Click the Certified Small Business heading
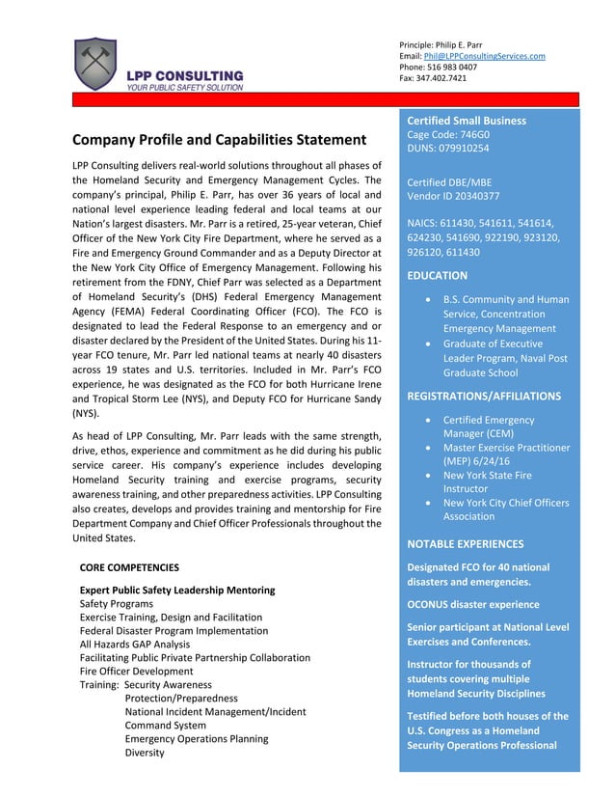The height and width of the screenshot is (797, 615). point(467,121)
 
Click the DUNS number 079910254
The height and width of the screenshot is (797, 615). point(448,149)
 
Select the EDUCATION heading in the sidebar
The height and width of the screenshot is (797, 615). point(438,275)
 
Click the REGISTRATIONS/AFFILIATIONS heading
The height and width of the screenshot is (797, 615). point(484,396)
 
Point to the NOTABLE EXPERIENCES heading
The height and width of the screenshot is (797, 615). point(466,543)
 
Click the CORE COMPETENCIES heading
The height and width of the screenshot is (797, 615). point(128,567)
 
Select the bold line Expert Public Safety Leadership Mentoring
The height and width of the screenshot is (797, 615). point(176,590)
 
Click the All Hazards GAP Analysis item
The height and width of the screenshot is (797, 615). point(134,644)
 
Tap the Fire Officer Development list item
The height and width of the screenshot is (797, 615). point(136,671)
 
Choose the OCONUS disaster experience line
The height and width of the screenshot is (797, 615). point(473,604)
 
